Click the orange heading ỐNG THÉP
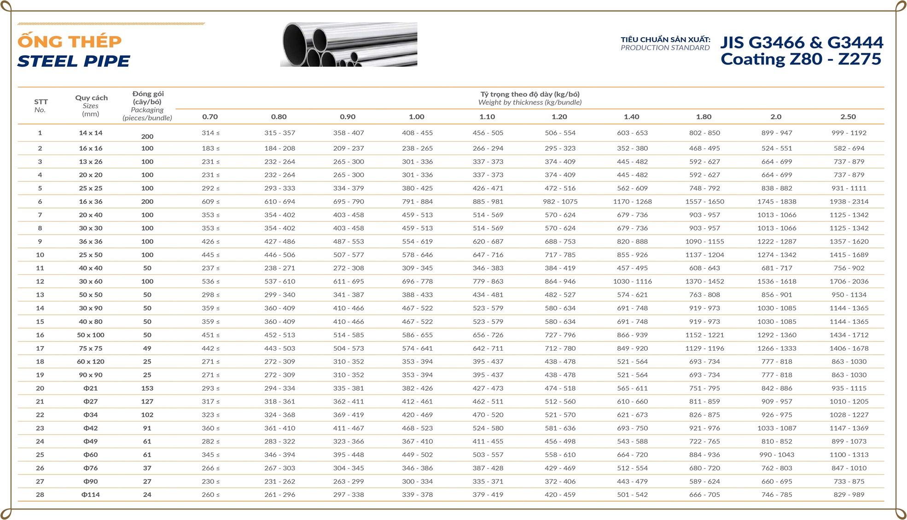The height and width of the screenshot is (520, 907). point(70,41)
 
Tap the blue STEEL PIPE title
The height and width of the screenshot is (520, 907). point(74,61)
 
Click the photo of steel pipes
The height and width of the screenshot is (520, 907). point(349,44)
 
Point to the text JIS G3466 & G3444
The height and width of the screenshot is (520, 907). point(802,42)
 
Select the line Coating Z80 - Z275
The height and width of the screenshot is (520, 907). point(801,59)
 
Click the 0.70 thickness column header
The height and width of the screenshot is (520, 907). point(210,117)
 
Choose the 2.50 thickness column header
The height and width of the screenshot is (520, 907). point(848,117)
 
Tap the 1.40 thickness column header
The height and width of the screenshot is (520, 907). point(631,117)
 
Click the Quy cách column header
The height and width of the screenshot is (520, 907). point(91,98)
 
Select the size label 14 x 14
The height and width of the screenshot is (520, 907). point(91,133)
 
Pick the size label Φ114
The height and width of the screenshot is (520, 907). point(91,495)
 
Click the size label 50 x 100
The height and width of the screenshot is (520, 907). point(91,335)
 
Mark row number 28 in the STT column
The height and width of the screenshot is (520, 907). point(40,495)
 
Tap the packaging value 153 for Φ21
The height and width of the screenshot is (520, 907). point(147,388)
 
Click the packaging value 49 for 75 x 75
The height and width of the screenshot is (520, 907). point(147,348)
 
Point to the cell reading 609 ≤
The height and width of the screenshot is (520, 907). point(210,202)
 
